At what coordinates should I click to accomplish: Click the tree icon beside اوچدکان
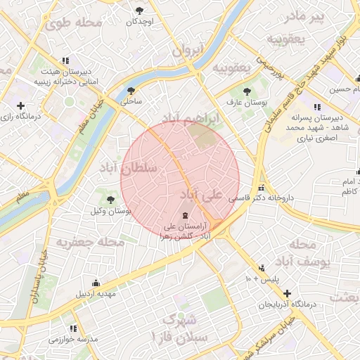140,10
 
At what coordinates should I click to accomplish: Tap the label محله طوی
73,22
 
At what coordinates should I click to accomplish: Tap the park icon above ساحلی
131,90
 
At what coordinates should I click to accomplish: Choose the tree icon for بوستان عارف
246,91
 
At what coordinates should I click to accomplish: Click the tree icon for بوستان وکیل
111,200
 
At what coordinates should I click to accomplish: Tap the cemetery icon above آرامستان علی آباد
184,214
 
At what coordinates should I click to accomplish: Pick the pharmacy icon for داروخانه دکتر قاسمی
262,188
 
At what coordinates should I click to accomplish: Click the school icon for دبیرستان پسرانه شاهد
316,107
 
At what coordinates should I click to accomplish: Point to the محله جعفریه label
90,242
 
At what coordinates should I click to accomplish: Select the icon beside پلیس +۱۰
262,268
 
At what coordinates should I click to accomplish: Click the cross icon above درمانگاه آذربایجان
286,292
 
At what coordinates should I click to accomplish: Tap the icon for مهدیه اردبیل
96,282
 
